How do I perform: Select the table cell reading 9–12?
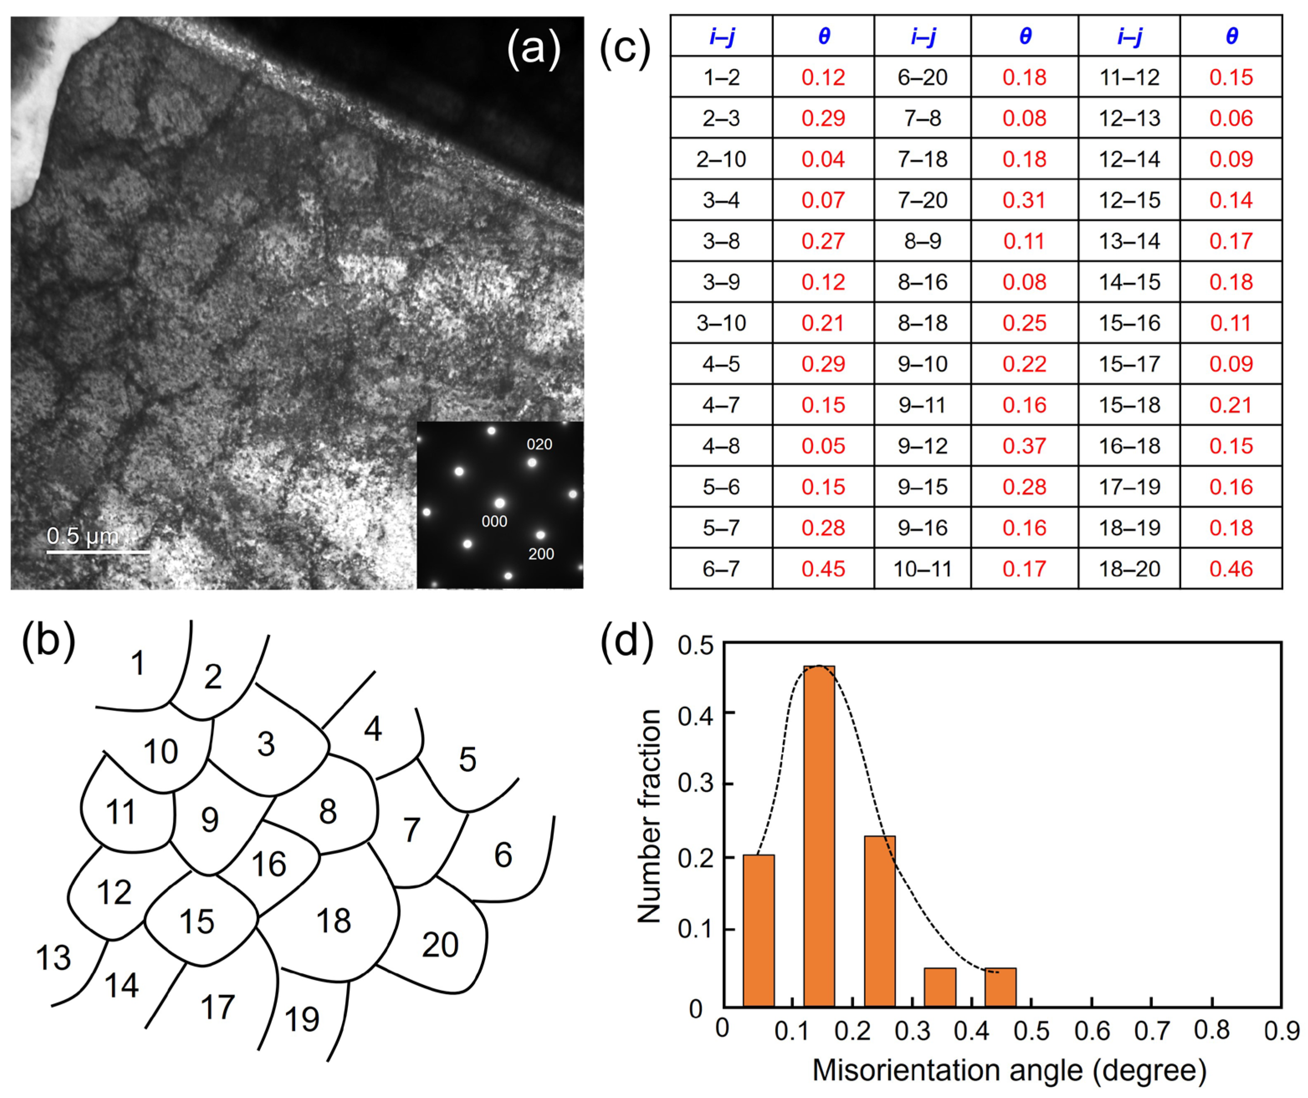click(922, 446)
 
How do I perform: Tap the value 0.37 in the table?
click(1024, 446)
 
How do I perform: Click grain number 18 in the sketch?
click(334, 920)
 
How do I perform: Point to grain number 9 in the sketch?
click(210, 820)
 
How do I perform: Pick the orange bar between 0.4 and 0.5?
click(1000, 986)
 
